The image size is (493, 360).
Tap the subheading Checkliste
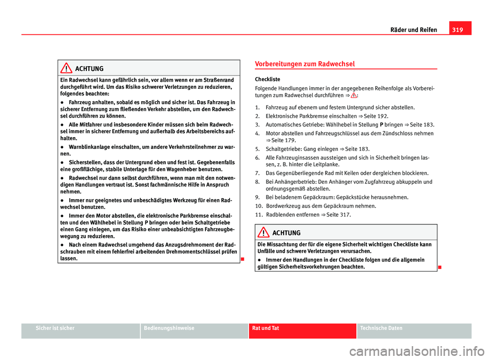[267, 80]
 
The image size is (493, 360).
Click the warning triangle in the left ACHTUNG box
[66, 68]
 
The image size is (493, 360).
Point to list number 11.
[259, 214]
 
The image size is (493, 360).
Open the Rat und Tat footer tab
[264, 328]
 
